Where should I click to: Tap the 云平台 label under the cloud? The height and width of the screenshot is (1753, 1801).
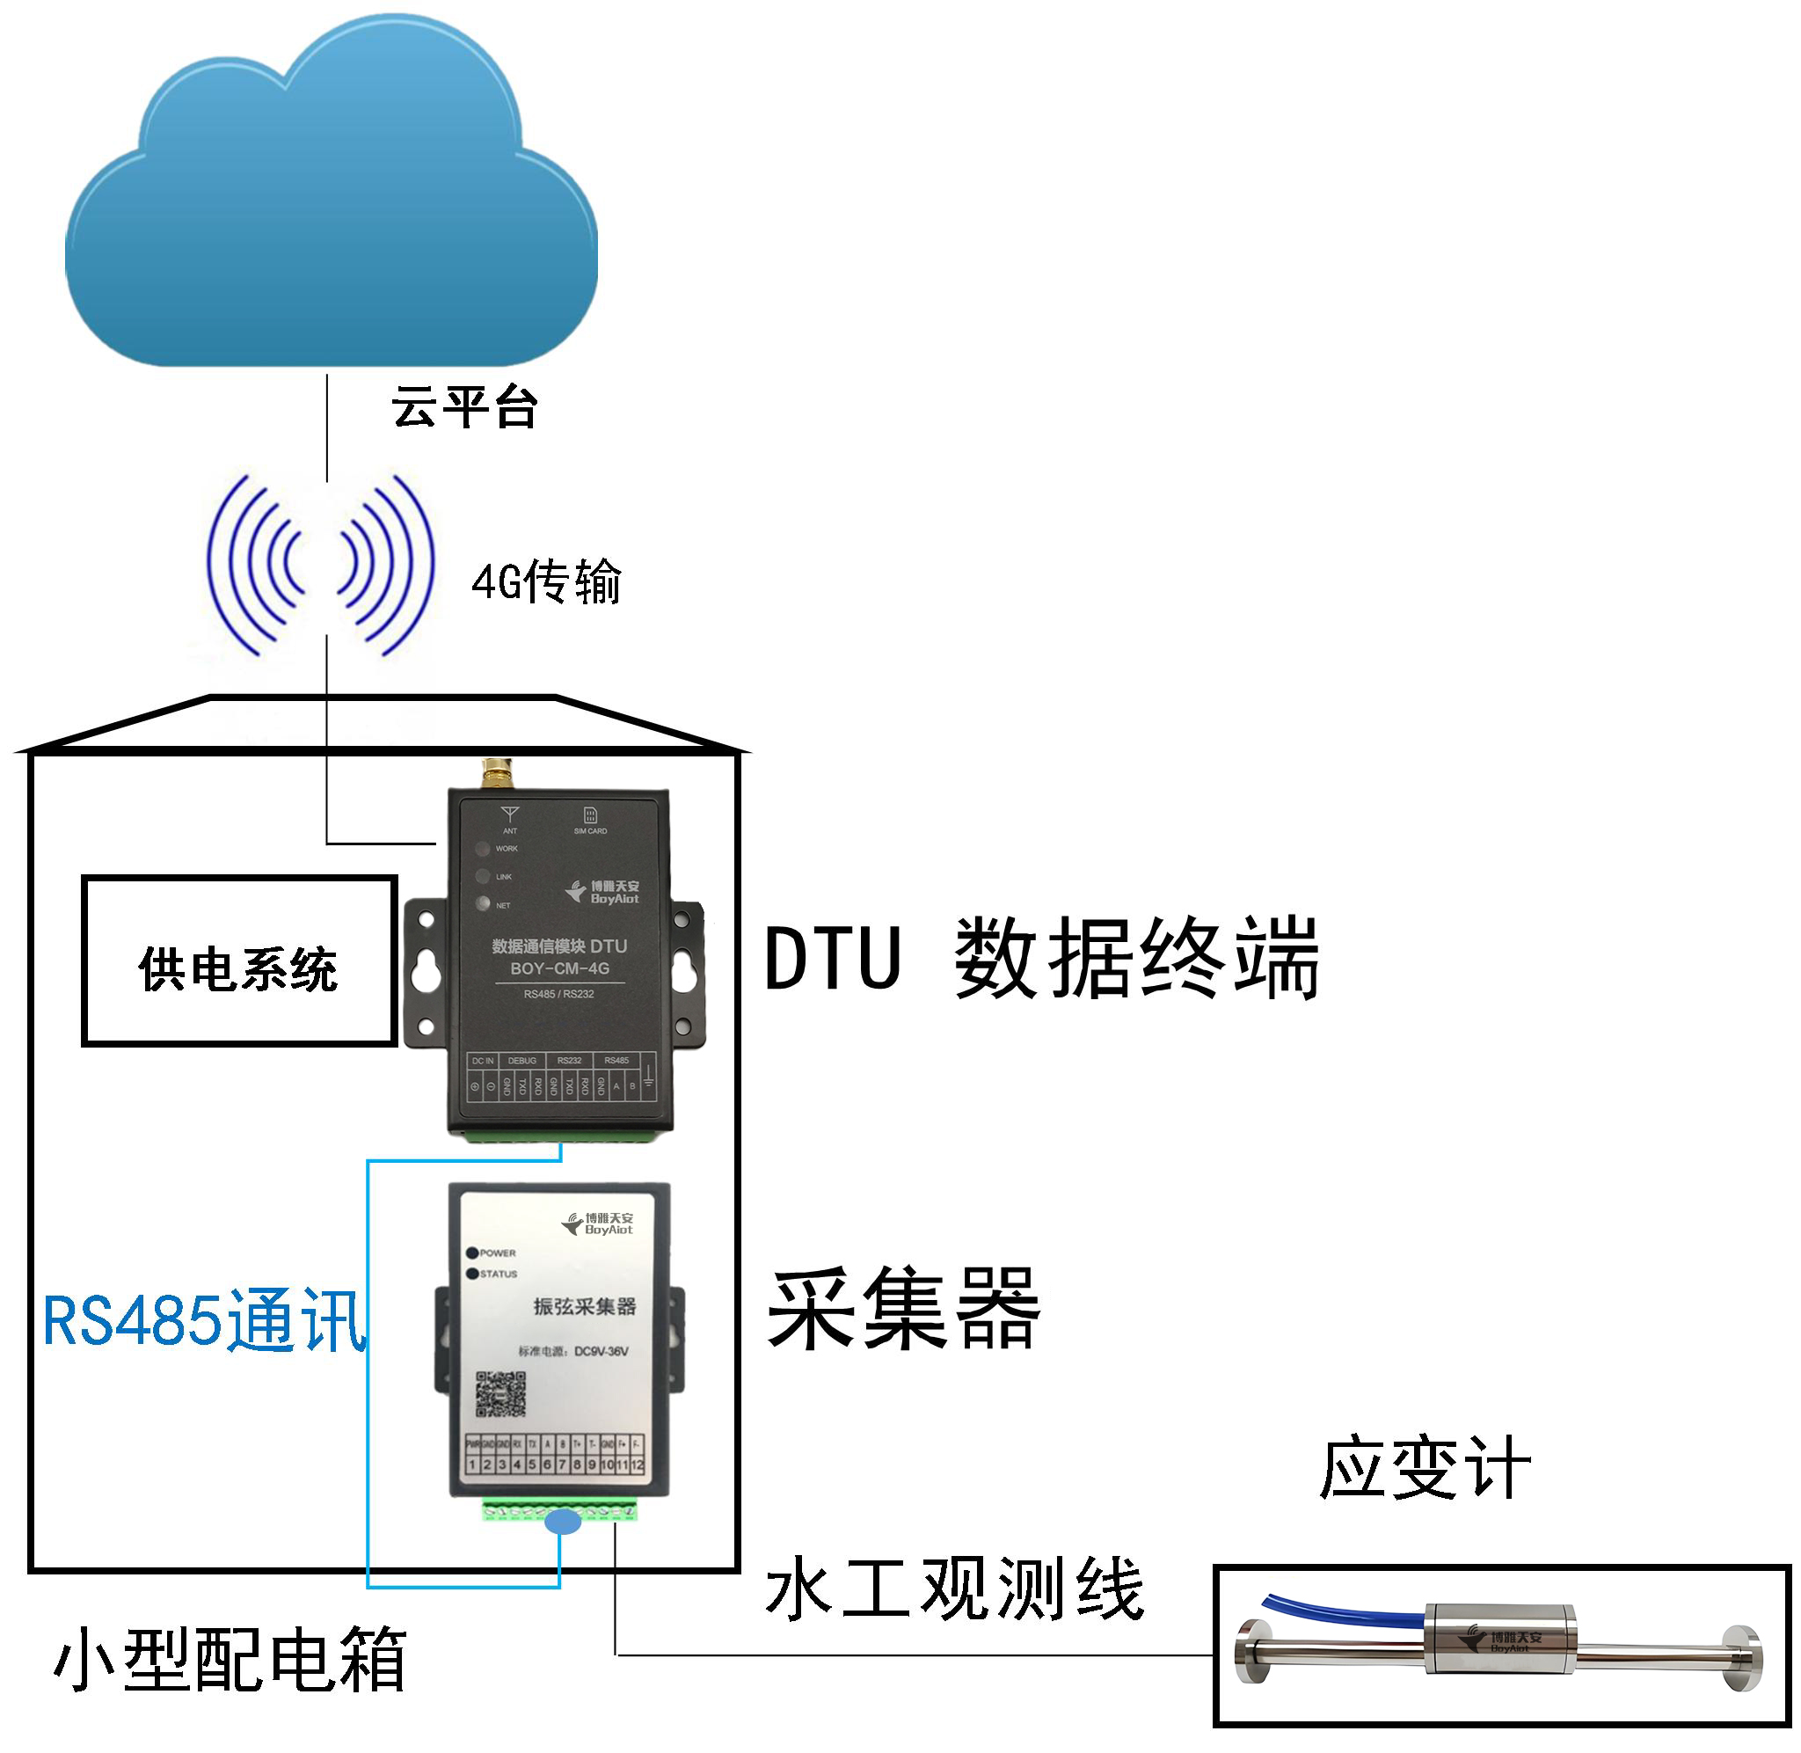[x=463, y=407]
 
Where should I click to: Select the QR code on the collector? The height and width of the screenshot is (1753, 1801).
[x=500, y=1394]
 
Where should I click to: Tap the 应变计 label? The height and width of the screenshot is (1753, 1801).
[x=1425, y=1468]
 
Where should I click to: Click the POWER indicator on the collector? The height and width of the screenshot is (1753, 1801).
[x=473, y=1253]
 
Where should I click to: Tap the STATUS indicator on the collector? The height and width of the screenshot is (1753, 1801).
[x=473, y=1275]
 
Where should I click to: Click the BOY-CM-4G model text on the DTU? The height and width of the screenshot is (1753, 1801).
[x=559, y=968]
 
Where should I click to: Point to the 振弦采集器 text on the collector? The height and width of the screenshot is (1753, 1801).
[x=585, y=1306]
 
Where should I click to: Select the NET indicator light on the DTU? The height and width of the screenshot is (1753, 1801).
[x=482, y=903]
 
